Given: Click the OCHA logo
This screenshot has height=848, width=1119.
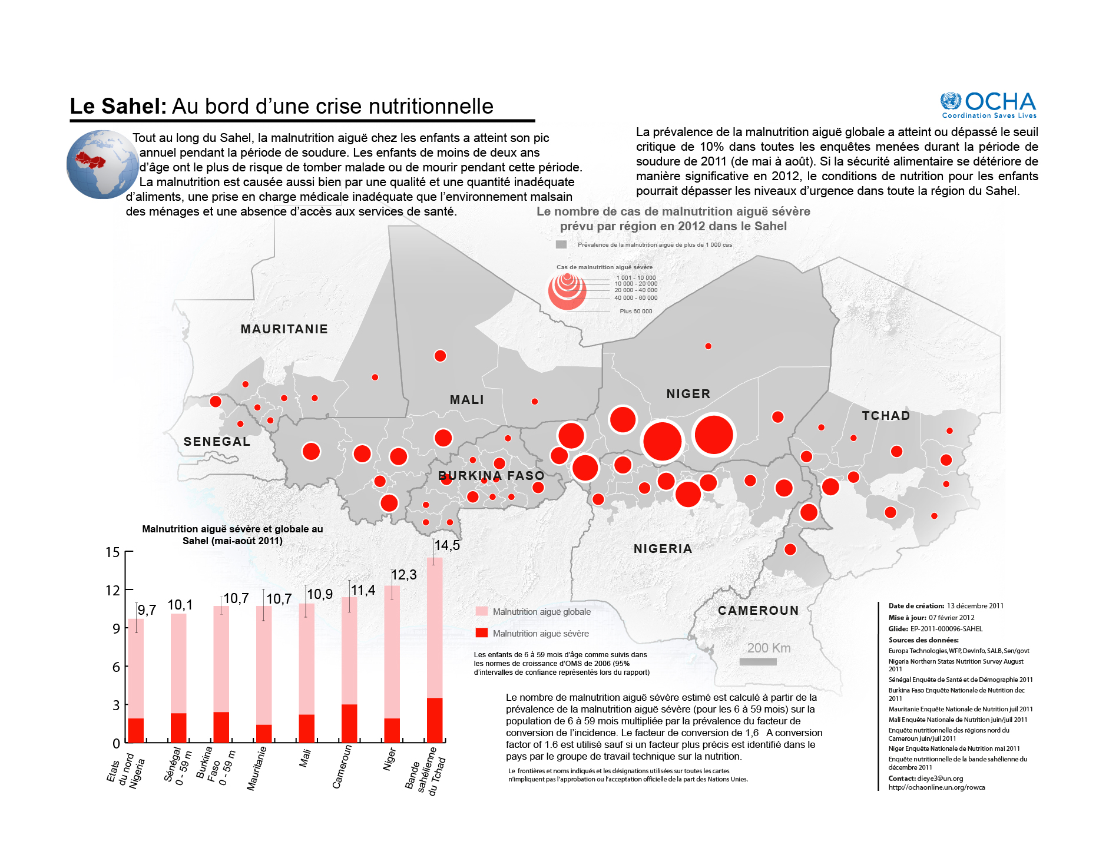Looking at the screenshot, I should [988, 105].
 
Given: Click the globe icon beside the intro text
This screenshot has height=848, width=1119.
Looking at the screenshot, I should [102, 164].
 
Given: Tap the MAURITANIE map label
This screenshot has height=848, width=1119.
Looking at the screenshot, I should [284, 329].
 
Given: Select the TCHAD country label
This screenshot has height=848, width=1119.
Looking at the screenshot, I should [886, 416].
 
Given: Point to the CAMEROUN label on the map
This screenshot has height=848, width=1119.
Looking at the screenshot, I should [758, 611].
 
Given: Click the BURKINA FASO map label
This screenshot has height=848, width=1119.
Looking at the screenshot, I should [491, 476].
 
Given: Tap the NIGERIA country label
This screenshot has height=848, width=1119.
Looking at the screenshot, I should [663, 549].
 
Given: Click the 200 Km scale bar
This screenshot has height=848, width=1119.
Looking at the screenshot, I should [758, 662].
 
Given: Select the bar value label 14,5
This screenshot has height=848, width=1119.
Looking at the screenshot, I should [447, 545].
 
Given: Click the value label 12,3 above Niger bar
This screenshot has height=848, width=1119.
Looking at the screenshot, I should [404, 575].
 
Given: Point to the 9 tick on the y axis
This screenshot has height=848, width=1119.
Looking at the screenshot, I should [117, 628].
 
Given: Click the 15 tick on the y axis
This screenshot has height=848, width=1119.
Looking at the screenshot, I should [112, 552].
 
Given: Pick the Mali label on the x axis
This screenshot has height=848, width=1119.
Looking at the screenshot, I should [305, 758].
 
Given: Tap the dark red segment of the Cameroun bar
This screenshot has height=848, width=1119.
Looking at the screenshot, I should [349, 723].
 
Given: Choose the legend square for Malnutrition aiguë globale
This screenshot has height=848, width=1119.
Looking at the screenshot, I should [481, 611].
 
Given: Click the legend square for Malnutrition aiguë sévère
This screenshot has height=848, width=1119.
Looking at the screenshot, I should [481, 633].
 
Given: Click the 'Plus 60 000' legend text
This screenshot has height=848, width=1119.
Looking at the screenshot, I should [635, 312].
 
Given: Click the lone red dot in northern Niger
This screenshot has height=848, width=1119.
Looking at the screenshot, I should [708, 346].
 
